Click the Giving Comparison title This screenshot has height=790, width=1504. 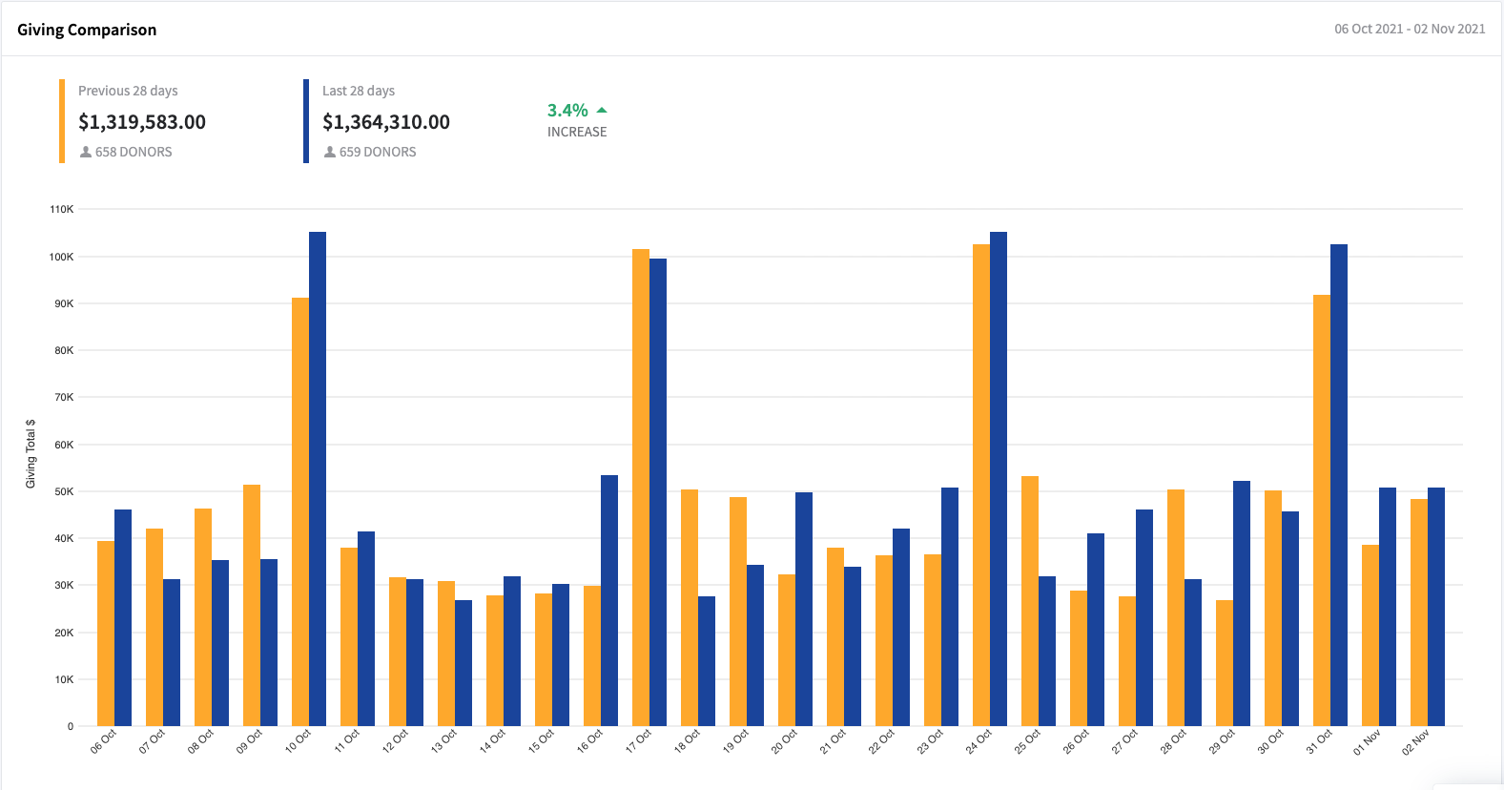(x=87, y=30)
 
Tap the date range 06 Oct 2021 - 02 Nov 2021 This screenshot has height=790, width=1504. (x=1410, y=29)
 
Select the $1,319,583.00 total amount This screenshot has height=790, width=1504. (x=142, y=121)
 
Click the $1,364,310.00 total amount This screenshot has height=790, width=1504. (x=386, y=121)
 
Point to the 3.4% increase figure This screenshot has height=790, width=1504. (x=567, y=110)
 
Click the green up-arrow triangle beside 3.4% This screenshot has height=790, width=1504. (x=602, y=110)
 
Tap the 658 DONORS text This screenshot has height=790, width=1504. (x=133, y=152)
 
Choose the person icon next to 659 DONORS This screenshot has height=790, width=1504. (x=330, y=152)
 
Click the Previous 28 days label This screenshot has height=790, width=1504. (x=128, y=91)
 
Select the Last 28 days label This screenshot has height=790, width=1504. (x=359, y=91)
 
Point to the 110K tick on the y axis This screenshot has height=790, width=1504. (x=62, y=209)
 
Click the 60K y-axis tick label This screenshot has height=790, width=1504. (x=62, y=444)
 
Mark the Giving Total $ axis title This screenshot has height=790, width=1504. (x=31, y=454)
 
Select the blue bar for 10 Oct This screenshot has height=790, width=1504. (x=318, y=479)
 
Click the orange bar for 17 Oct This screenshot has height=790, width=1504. (x=641, y=488)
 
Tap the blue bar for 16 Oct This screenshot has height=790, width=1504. (x=609, y=600)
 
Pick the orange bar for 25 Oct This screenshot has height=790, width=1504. (x=1030, y=601)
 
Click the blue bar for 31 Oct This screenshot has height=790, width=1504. (x=1339, y=485)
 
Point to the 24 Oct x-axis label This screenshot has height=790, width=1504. (x=979, y=741)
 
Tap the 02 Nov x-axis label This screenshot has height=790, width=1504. (x=1415, y=742)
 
